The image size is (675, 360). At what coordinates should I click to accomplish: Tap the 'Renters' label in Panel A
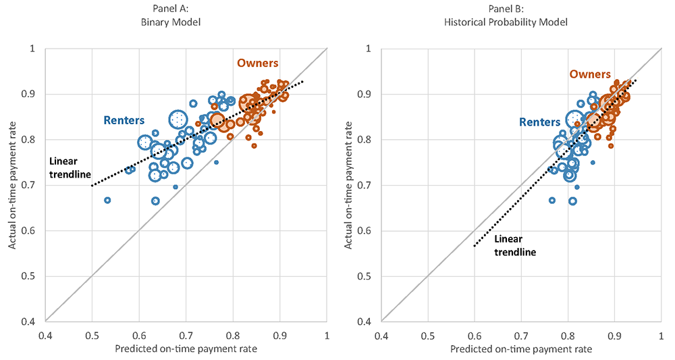[x=124, y=121]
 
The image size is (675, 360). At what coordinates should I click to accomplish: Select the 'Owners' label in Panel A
[x=257, y=63]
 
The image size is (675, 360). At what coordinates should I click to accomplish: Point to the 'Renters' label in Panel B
[x=539, y=122]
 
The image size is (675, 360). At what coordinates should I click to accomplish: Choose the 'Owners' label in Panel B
[x=590, y=74]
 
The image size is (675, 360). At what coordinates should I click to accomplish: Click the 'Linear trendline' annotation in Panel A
[x=70, y=168]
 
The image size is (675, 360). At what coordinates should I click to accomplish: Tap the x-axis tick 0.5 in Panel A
[x=92, y=333]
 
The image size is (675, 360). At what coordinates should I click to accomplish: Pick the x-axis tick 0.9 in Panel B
[x=615, y=333]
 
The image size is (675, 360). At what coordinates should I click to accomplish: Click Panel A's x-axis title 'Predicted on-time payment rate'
[x=186, y=349]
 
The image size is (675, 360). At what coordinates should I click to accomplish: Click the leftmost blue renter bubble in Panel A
[x=107, y=200]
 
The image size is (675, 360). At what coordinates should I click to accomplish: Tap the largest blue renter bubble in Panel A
[x=178, y=120]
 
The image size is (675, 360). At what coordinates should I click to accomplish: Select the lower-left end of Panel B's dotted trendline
[x=475, y=246]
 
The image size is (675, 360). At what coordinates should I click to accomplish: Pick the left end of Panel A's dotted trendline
[x=92, y=185]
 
